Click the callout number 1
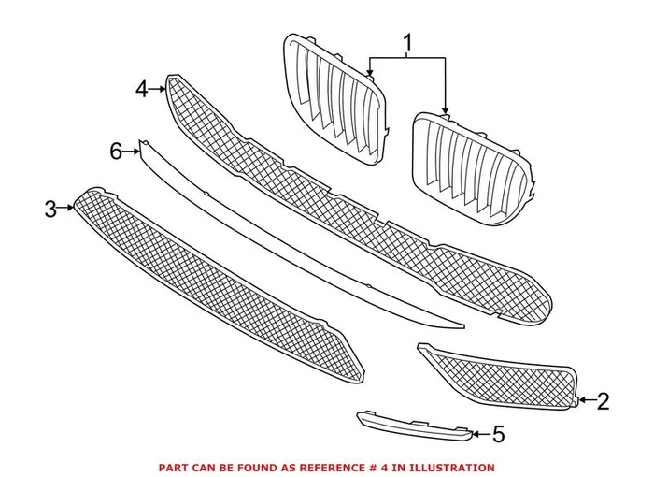[407, 42]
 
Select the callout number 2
[603, 402]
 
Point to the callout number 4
[142, 89]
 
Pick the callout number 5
[498, 434]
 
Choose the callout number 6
[116, 150]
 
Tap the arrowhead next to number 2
[584, 401]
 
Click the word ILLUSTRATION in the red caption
[452, 467]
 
